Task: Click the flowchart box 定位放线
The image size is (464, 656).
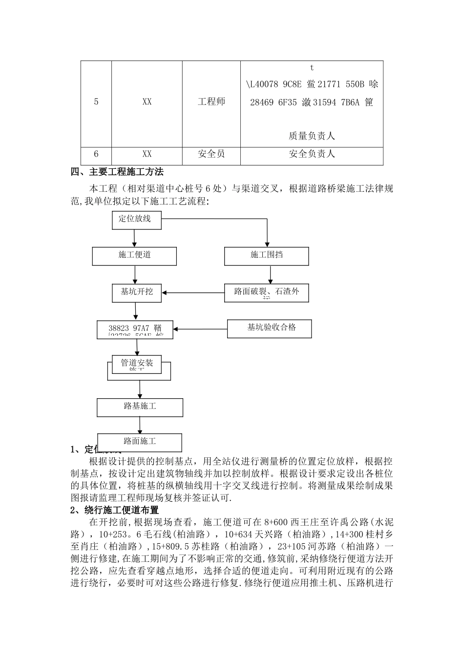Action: point(136,220)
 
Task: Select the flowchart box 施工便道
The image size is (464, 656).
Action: point(134,255)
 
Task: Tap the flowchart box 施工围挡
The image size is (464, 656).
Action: point(266,255)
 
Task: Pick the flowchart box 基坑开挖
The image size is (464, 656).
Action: point(137,292)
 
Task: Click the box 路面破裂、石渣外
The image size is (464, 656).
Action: point(266,292)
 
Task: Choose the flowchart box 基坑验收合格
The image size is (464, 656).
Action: point(270,328)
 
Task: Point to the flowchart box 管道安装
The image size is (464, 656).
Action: point(137,364)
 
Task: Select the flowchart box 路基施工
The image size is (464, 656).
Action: point(140,407)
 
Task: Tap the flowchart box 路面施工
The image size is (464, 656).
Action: point(140,442)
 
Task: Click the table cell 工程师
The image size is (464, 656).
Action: point(211,102)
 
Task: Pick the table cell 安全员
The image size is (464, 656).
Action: point(211,154)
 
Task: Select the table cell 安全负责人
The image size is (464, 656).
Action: point(312,154)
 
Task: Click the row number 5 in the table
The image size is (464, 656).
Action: point(96,102)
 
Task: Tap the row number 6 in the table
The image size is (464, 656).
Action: point(96,154)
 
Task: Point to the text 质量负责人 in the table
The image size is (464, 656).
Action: point(312,136)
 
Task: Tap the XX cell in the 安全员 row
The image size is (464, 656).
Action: point(147,154)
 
